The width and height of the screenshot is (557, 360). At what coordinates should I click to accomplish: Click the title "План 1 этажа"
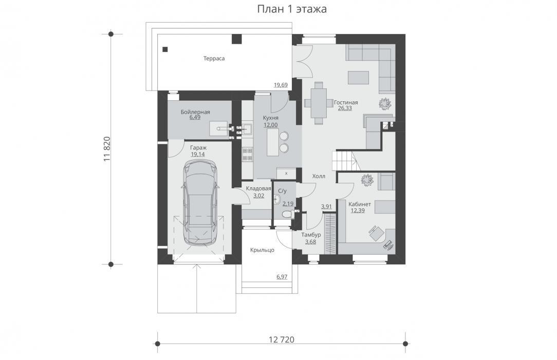(x=292, y=9)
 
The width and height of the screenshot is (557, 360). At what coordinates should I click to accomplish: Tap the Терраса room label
(x=214, y=58)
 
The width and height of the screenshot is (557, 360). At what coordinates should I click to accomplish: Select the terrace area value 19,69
(x=281, y=85)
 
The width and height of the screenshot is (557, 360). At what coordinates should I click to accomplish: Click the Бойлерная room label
(x=195, y=112)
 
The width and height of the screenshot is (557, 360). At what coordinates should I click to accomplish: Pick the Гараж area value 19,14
(x=197, y=154)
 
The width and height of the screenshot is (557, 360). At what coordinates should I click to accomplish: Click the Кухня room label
(x=271, y=118)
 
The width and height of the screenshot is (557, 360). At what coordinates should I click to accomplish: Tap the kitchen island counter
(x=273, y=142)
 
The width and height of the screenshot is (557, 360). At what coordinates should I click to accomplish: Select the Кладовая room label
(x=258, y=189)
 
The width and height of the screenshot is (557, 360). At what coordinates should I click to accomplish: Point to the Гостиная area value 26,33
(x=345, y=108)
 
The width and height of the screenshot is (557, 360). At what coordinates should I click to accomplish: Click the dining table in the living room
(x=319, y=103)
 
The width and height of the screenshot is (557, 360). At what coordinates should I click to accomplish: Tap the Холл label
(x=319, y=176)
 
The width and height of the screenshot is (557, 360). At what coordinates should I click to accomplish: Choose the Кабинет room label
(x=360, y=204)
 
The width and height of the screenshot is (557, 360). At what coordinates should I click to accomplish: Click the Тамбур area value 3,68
(x=310, y=242)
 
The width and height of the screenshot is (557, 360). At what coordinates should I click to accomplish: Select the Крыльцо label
(x=262, y=250)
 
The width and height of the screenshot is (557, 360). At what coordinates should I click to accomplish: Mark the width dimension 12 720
(x=282, y=340)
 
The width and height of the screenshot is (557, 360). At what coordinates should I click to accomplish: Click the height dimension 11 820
(x=107, y=149)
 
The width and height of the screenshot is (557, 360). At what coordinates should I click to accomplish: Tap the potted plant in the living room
(x=385, y=103)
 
